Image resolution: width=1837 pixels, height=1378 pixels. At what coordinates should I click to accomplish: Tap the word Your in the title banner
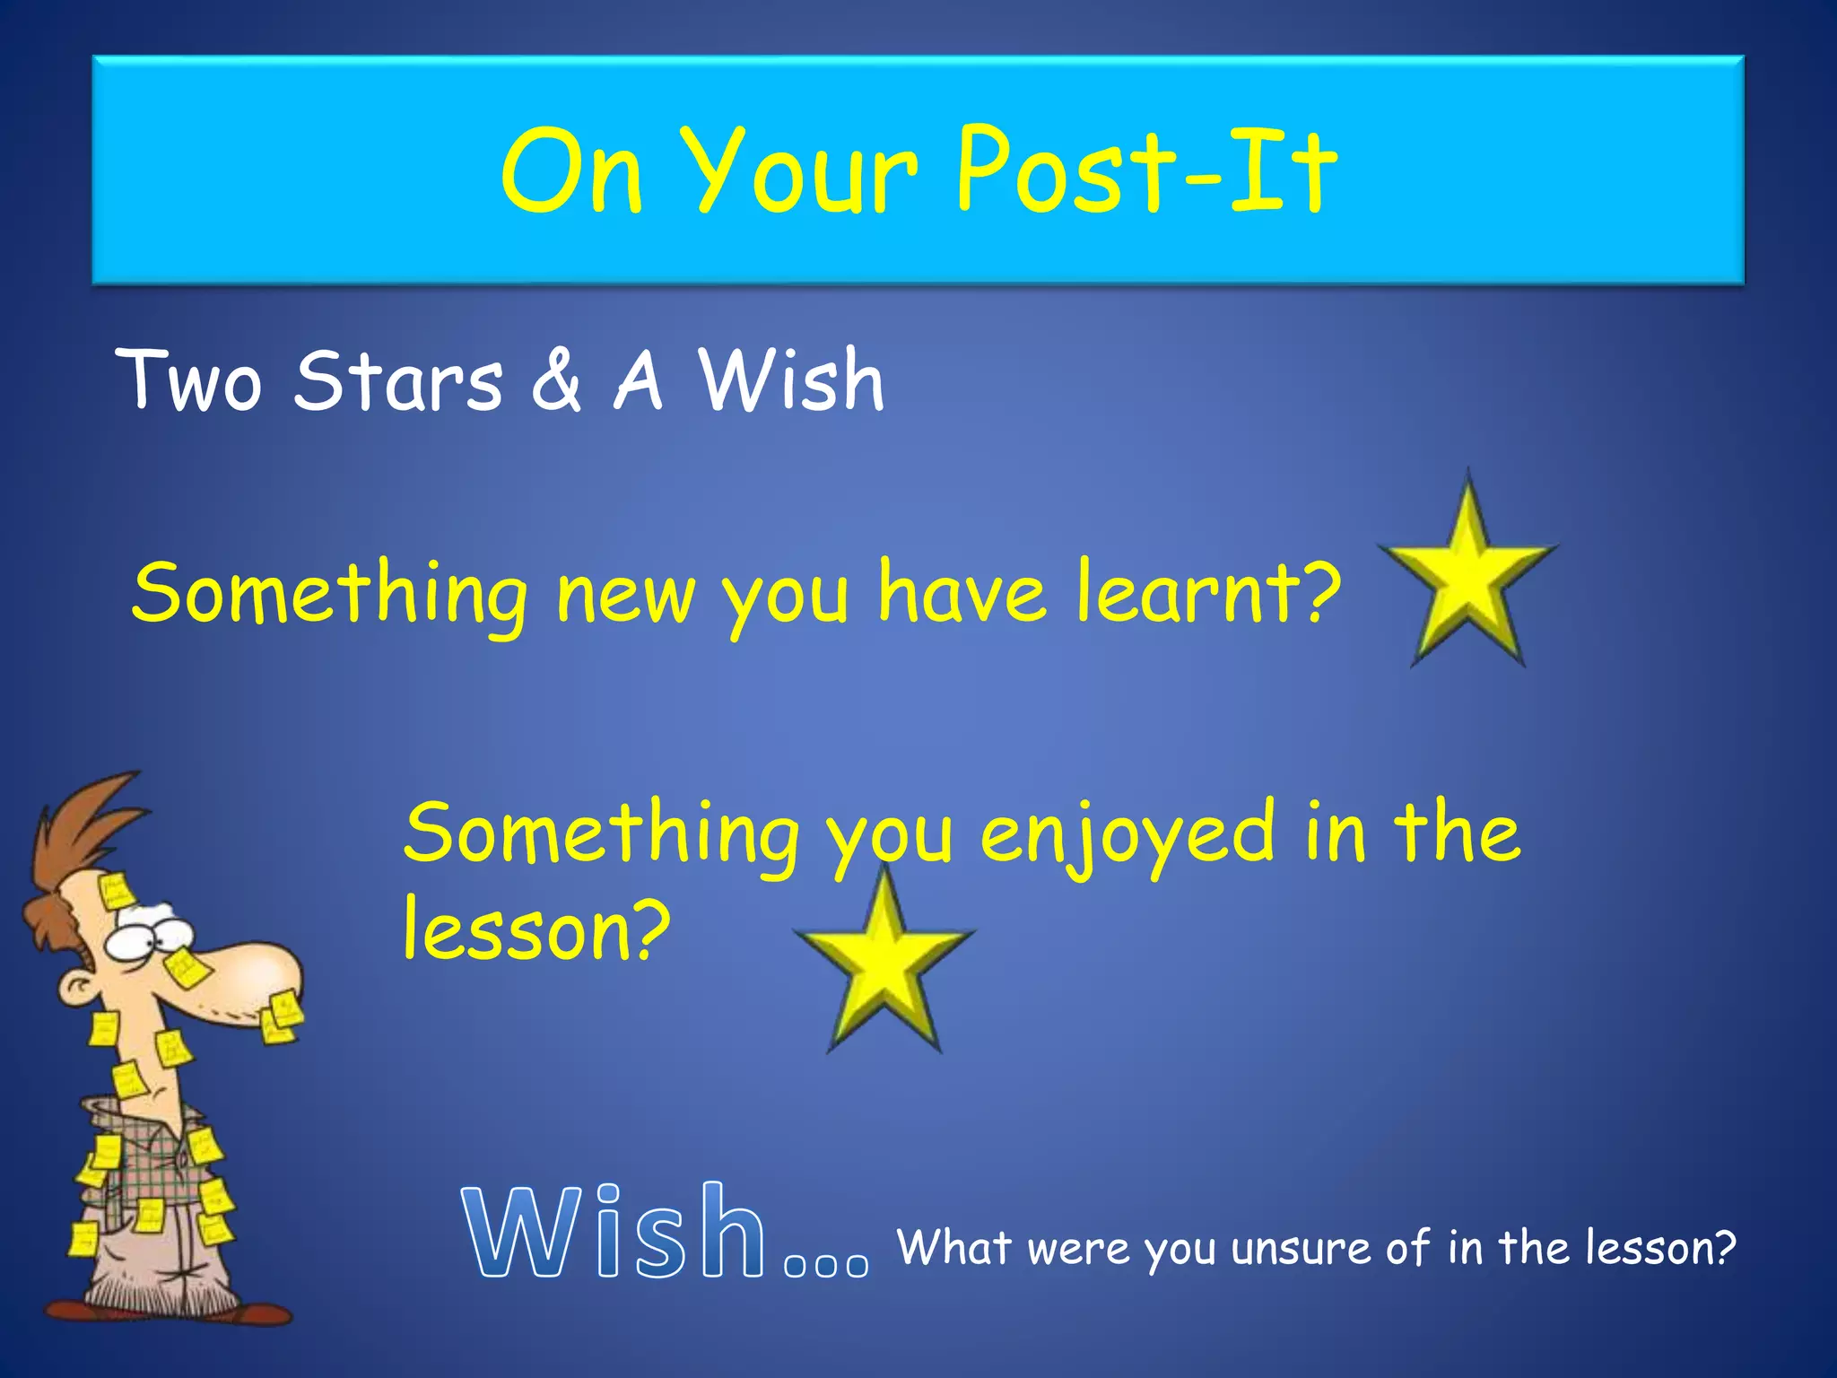point(803,170)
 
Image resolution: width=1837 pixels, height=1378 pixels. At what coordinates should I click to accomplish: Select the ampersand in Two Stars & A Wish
point(556,381)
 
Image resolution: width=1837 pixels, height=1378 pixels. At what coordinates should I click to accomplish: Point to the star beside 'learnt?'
point(1467,574)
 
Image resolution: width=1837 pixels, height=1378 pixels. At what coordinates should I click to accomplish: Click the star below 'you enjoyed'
point(884,964)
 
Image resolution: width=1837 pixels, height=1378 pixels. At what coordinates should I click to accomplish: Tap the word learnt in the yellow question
point(1197,592)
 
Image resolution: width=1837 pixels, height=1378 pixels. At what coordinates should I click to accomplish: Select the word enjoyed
point(1126,834)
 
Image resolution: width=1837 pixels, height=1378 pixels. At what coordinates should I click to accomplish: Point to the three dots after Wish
point(826,1264)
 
